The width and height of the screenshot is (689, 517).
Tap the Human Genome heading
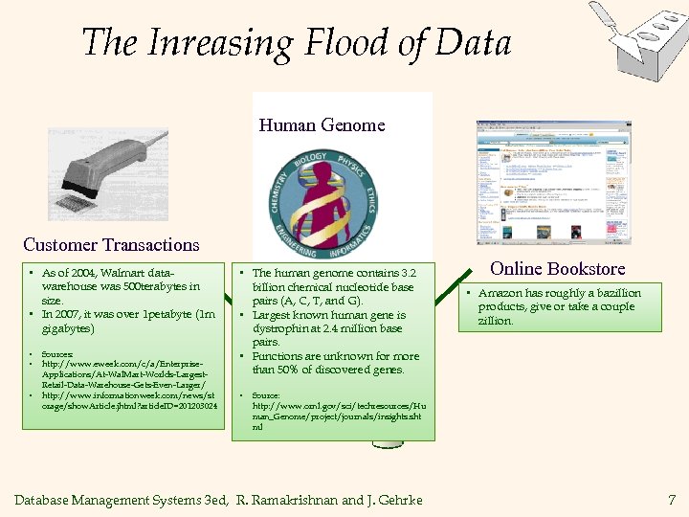[x=322, y=125]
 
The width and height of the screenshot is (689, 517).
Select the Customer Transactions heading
[x=111, y=245]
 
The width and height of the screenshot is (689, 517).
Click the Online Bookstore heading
[x=557, y=269]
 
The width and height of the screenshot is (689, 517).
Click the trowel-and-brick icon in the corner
[x=636, y=39]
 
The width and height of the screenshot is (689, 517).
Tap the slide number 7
[x=671, y=500]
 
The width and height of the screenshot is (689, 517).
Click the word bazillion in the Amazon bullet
[x=611, y=293]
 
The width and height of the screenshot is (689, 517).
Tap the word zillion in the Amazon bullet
[x=496, y=321]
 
